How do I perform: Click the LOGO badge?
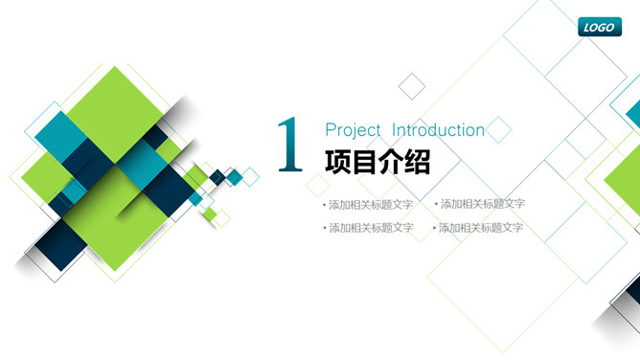tap(600, 27)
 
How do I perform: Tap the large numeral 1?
tap(288, 146)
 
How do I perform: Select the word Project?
tap(354, 130)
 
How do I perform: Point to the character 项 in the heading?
tap(338, 162)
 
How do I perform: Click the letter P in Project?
tap(331, 130)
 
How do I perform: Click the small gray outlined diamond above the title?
tap(412, 85)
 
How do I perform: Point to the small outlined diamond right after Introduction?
tap(499, 128)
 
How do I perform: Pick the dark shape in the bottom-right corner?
tap(623, 321)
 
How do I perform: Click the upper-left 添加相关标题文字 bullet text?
tap(370, 205)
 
